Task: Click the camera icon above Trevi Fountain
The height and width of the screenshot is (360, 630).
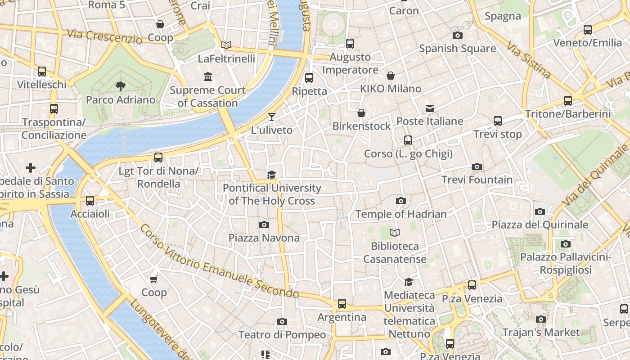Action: (x=477, y=167)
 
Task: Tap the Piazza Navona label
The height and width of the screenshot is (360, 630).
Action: (x=264, y=238)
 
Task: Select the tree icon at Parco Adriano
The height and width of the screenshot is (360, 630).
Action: (x=120, y=86)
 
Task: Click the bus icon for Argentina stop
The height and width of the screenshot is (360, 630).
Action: (x=342, y=304)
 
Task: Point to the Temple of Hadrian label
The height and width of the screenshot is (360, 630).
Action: (x=401, y=214)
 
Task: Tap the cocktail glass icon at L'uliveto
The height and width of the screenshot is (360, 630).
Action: (x=271, y=117)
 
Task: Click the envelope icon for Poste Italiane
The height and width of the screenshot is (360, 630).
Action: (x=430, y=108)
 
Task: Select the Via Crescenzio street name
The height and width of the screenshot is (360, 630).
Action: (x=104, y=36)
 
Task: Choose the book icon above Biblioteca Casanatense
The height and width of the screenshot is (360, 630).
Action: (x=395, y=233)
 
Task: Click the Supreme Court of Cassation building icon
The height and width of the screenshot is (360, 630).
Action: (x=208, y=76)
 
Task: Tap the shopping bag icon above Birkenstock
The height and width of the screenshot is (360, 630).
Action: (x=361, y=113)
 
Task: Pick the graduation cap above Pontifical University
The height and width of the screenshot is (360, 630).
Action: (x=271, y=175)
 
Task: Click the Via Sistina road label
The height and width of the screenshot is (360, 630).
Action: (x=529, y=60)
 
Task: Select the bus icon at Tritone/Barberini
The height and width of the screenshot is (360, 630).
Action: (x=568, y=100)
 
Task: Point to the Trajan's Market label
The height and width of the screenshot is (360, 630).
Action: (x=541, y=333)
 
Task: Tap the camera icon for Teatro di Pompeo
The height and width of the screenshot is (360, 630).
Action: (x=282, y=321)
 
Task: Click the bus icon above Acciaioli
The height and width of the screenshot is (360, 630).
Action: (x=90, y=201)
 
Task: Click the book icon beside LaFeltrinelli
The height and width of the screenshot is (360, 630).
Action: (x=226, y=45)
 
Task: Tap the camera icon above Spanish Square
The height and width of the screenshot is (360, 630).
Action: (x=457, y=35)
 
